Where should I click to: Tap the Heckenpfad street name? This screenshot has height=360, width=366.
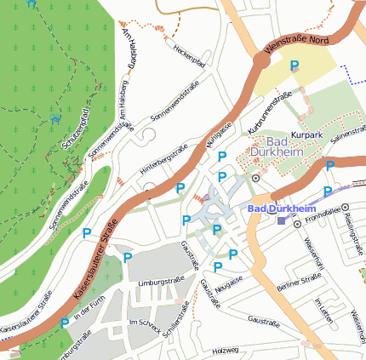click(190, 56)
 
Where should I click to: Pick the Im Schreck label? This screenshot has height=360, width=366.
click(144, 324)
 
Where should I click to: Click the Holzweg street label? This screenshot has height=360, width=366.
click(226, 350)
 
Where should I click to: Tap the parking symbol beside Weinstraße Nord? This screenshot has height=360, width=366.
click(295, 66)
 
